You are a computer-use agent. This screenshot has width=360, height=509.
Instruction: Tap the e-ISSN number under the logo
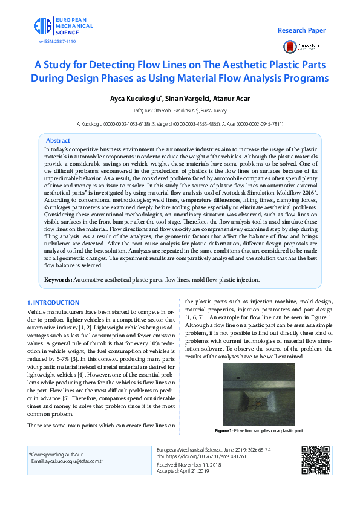click(x=57, y=41)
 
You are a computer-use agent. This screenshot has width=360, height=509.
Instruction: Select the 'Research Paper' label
click(x=301, y=30)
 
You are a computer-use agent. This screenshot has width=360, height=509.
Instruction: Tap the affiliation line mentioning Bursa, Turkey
click(x=180, y=111)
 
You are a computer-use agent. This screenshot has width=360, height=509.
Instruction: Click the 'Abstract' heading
click(x=58, y=140)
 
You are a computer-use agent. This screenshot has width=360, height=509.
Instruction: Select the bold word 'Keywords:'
click(x=58, y=280)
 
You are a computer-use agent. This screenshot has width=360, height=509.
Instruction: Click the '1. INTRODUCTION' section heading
click(x=53, y=302)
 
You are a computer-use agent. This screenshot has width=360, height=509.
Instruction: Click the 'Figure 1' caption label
click(x=223, y=430)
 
